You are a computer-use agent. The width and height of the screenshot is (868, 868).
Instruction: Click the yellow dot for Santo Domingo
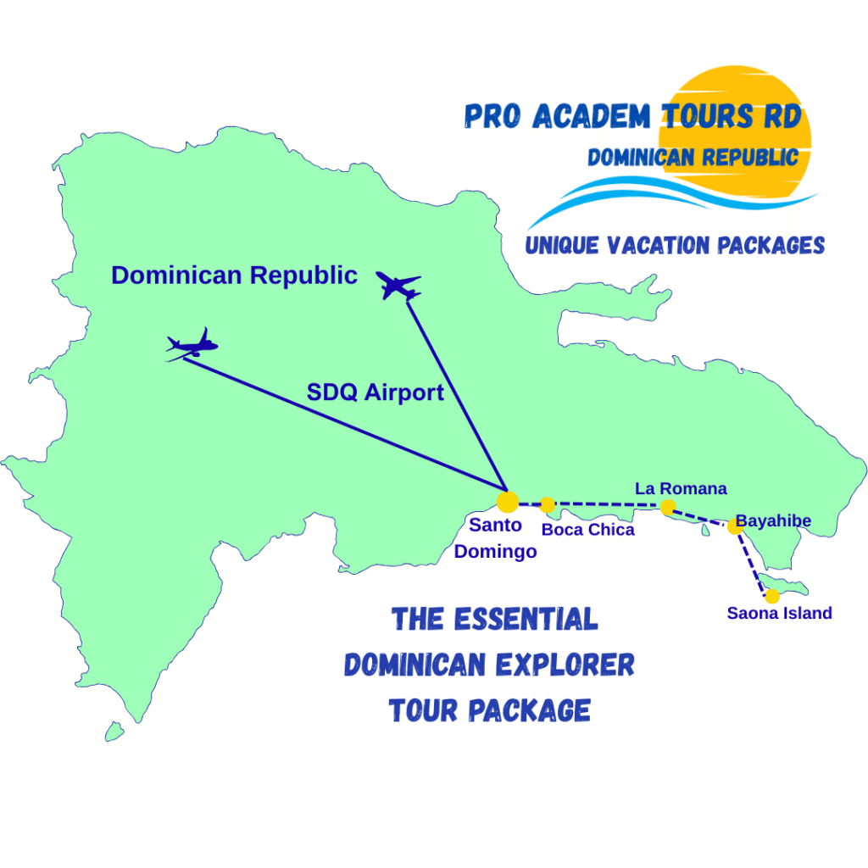(507, 502)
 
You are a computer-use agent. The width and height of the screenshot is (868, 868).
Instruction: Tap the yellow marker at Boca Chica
(548, 505)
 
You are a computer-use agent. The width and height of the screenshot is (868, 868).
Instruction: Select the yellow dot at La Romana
(668, 508)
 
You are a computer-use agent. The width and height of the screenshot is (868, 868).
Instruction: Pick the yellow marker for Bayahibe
(734, 526)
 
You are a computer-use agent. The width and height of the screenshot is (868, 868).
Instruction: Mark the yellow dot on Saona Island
(772, 596)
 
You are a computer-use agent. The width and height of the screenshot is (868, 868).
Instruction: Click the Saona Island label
(779, 613)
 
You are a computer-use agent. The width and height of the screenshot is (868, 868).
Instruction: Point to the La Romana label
(681, 488)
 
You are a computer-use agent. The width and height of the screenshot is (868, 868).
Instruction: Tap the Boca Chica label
(587, 530)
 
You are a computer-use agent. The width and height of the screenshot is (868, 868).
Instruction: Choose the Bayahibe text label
(773, 520)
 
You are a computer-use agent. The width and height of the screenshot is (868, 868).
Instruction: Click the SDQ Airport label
(375, 392)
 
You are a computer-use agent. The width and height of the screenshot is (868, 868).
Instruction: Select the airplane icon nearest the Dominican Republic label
(398, 286)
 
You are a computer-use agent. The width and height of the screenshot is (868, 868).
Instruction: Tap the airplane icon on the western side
(192, 345)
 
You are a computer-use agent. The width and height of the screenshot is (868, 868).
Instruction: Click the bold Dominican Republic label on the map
(234, 275)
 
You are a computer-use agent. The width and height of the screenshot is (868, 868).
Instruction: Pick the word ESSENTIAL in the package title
(526, 620)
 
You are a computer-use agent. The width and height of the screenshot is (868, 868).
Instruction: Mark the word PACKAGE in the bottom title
(531, 709)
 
